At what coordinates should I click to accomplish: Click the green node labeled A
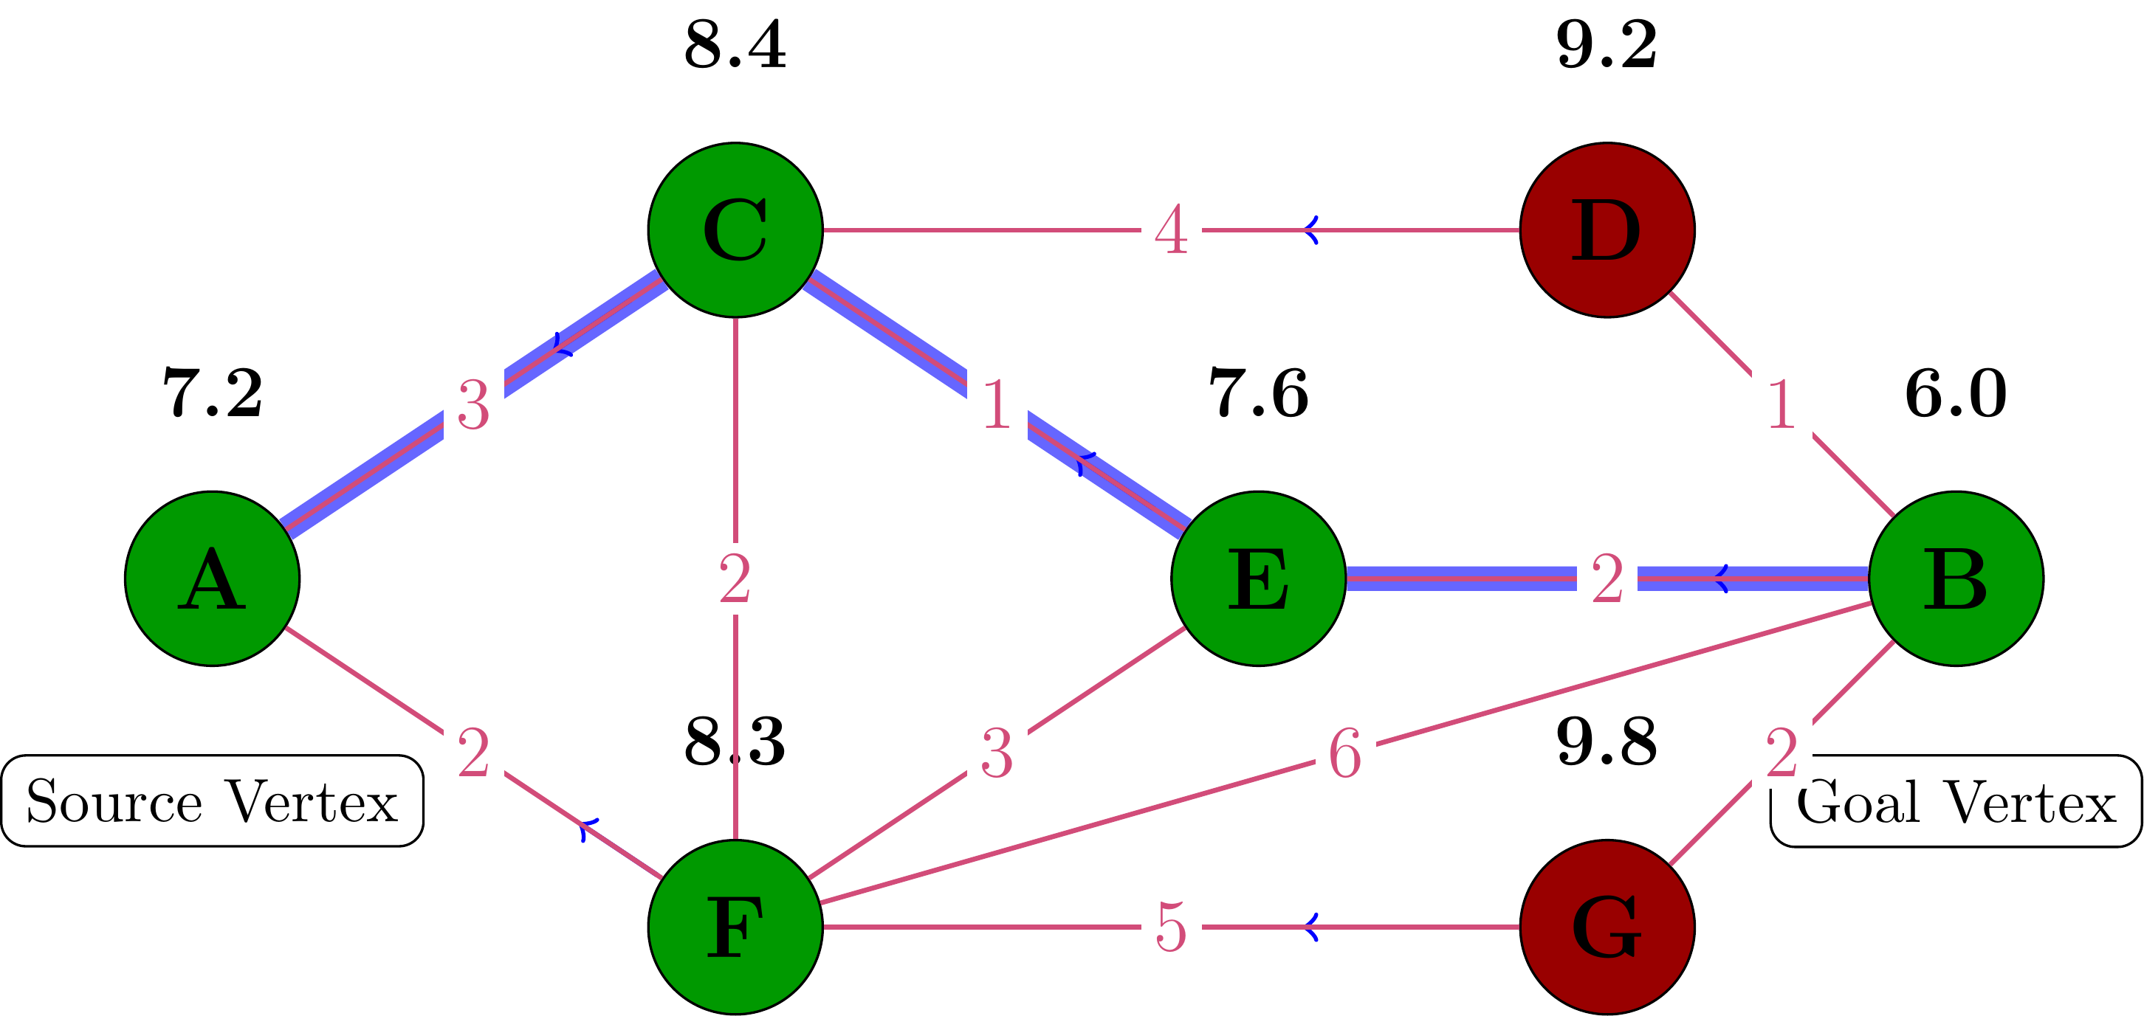(212, 578)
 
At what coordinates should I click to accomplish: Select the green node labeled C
(735, 229)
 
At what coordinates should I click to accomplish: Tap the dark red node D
(1607, 229)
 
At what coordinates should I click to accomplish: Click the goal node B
(1955, 578)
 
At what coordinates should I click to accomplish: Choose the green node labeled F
(735, 926)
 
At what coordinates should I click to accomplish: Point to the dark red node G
(1607, 926)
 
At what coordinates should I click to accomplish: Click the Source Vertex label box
(212, 801)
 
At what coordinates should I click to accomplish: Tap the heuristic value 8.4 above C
(735, 46)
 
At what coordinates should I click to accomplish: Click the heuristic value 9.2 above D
(1607, 46)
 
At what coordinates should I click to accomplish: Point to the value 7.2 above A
(212, 393)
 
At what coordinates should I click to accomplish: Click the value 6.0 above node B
(1955, 393)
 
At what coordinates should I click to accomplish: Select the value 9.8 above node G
(1607, 742)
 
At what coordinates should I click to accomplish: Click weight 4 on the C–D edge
(1171, 230)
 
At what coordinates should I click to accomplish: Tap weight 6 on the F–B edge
(1345, 754)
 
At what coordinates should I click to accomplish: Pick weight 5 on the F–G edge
(1171, 927)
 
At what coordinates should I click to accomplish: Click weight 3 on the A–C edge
(473, 405)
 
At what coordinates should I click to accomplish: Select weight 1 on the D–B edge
(1781, 405)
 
